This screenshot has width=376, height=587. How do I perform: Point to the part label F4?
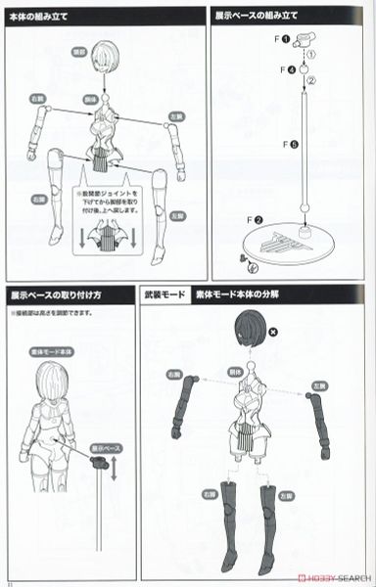coord(284,70)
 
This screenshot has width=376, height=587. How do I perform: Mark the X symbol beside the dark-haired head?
coord(285,333)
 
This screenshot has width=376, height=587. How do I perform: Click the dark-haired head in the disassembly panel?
coord(252,331)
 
